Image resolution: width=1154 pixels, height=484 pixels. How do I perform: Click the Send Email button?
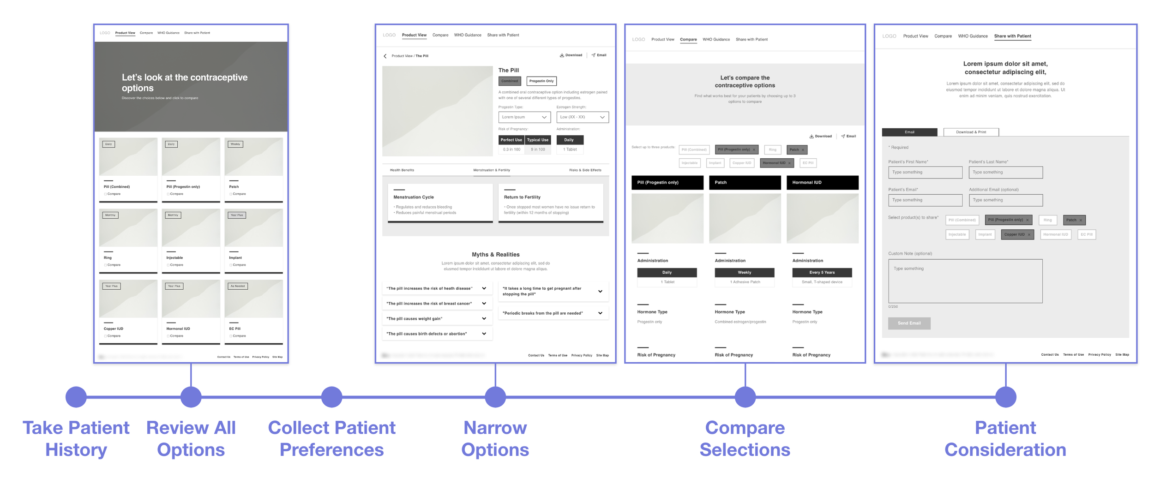pos(908,323)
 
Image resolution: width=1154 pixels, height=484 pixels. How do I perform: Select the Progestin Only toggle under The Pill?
pos(541,81)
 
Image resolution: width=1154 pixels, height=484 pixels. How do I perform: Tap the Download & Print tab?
pos(971,132)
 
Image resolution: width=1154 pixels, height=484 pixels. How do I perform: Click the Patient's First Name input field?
pos(925,173)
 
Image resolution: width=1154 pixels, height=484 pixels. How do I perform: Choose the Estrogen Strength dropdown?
pos(582,117)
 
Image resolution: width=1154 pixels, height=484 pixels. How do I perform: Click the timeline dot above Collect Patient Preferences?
pos(331,397)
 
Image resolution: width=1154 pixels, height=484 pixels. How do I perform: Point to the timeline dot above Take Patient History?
pos(76,397)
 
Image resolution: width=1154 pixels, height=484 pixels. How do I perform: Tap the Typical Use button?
pos(538,140)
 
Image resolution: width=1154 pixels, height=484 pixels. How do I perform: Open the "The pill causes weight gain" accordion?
pos(437,319)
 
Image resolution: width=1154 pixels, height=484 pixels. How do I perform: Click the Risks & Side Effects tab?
pos(585,170)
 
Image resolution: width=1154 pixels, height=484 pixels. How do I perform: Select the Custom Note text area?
pos(965,281)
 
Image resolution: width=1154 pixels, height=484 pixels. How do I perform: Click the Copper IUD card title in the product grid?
pos(114,329)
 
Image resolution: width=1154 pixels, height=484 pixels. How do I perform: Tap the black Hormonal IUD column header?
pos(822,183)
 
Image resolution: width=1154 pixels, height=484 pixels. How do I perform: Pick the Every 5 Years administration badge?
pos(822,273)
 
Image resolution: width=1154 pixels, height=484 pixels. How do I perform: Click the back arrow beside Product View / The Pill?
pos(385,56)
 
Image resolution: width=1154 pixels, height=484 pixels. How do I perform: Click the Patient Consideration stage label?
pos(1005,439)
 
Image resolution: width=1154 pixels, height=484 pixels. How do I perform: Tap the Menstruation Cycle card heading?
pos(414,197)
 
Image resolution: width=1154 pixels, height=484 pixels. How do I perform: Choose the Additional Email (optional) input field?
pos(1005,200)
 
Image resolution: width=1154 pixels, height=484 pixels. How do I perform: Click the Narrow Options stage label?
pos(495,439)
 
